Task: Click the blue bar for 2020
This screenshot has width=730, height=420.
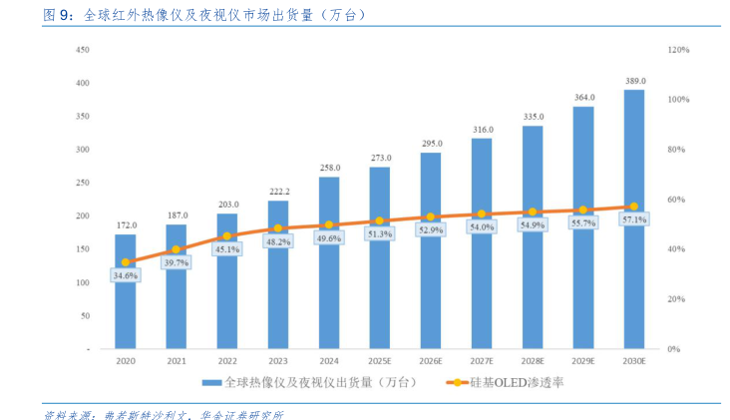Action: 126,299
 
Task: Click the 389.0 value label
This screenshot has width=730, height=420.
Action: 634,81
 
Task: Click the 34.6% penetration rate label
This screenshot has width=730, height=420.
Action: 126,274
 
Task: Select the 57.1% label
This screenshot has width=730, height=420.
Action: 634,219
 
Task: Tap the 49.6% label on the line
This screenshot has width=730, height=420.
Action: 329,237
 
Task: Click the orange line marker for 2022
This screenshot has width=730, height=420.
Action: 227,236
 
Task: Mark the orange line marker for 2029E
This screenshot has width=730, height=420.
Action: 583,210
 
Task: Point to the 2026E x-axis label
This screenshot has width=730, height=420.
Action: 431,360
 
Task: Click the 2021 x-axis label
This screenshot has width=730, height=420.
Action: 177,360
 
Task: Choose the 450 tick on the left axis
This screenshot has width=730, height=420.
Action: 84,49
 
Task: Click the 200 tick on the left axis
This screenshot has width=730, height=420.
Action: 84,215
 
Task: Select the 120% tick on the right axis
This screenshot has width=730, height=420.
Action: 678,49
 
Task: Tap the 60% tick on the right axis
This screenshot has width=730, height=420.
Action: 676,200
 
